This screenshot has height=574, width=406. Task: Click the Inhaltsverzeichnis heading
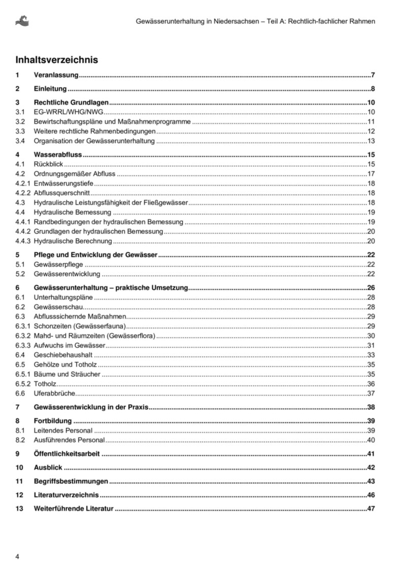click(56, 60)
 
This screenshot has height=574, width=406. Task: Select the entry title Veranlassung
click(56, 76)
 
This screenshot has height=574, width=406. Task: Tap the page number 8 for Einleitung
click(373, 89)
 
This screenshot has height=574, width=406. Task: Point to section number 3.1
click(20, 112)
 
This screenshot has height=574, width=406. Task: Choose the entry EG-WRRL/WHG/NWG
click(68, 112)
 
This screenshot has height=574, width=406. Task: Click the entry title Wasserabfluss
click(58, 155)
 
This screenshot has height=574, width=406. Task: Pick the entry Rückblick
click(48, 164)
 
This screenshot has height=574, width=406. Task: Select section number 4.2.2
click(23, 193)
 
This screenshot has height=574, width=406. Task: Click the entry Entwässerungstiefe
click(63, 184)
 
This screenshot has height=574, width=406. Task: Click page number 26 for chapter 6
click(370, 288)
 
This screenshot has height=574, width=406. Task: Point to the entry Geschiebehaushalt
click(63, 355)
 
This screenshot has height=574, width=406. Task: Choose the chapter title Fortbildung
click(53, 421)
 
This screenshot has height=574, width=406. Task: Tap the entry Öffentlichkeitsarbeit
click(66, 453)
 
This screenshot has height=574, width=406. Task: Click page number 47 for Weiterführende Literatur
click(370, 509)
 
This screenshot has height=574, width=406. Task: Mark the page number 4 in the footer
click(18, 558)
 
